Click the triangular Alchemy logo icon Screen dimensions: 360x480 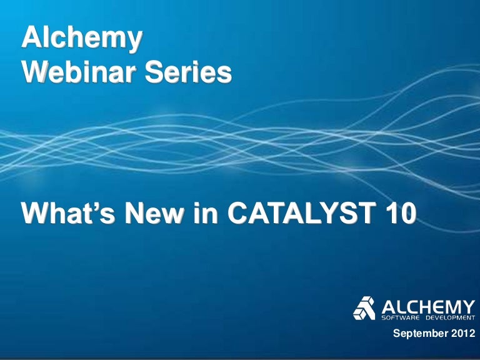pyautogui.click(x=365, y=308)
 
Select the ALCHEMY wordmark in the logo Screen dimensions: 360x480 pyautogui.click(x=427, y=306)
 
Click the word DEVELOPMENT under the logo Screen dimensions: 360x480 pyautogui.click(x=449, y=317)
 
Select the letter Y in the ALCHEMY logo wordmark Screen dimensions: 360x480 pyautogui.click(x=468, y=306)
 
